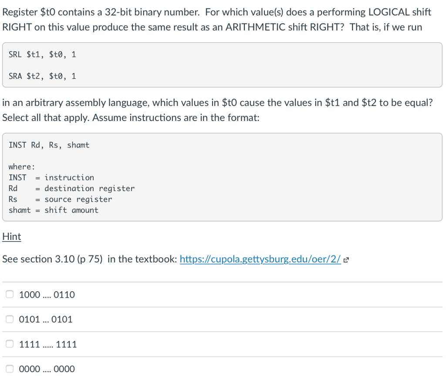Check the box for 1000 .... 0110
pos(10,295)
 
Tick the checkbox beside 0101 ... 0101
pos(10,319)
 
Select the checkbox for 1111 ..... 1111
pos(10,344)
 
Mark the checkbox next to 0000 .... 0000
pos(10,369)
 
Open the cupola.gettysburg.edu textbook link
pos(260,259)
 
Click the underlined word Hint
pos(11,237)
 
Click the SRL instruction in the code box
pos(15,54)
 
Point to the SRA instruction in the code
pos(15,76)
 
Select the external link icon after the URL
pos(346,260)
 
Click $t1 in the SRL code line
pos(36,54)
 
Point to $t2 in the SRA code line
pos(36,76)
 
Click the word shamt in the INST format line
pos(78,145)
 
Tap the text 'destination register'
pos(89,188)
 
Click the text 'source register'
pos(78,199)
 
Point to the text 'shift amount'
pos(71,210)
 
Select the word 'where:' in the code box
pos(22,167)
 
